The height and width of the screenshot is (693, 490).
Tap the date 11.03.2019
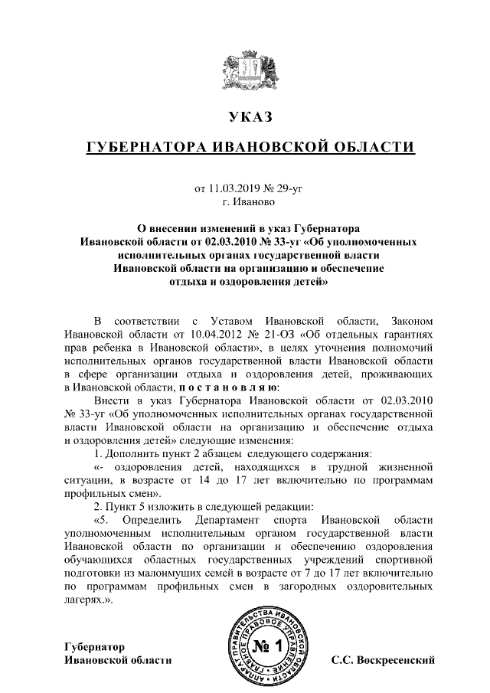[x=234, y=188]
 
